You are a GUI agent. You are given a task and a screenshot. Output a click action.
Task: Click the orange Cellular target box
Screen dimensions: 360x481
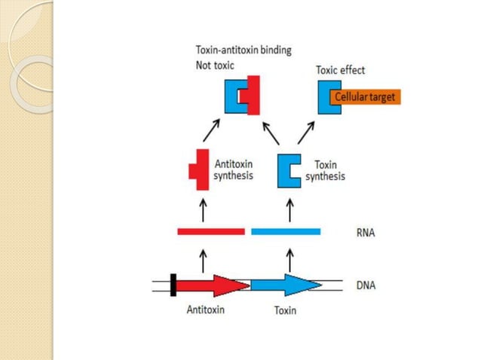click(x=365, y=97)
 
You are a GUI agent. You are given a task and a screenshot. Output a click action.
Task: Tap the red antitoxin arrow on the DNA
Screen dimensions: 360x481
click(x=213, y=285)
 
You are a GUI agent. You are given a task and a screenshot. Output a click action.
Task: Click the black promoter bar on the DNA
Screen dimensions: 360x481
click(x=173, y=285)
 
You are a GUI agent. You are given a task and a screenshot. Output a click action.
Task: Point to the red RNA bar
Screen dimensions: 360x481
click(x=210, y=231)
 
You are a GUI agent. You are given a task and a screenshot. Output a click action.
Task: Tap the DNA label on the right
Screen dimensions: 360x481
click(x=366, y=285)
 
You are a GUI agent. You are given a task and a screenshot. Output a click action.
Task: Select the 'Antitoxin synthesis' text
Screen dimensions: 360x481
click(x=234, y=169)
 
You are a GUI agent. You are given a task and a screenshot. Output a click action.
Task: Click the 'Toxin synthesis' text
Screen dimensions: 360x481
click(x=325, y=169)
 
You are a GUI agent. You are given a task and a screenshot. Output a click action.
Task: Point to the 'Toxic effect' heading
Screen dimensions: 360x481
click(x=340, y=70)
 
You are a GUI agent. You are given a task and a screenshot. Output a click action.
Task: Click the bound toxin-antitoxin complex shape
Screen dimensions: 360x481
click(x=243, y=96)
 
